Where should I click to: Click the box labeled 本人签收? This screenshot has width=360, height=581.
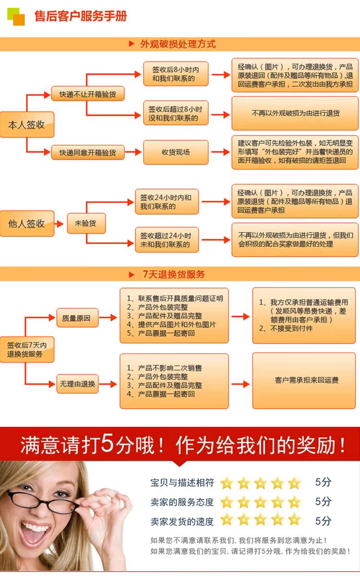click(26, 125)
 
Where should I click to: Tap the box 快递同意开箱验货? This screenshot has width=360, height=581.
click(87, 153)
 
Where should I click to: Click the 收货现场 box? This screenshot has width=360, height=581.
click(176, 152)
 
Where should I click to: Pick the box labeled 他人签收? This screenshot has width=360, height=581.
click(26, 223)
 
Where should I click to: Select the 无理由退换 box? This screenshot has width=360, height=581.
click(77, 384)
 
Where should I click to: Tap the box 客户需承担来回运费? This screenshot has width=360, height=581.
click(306, 380)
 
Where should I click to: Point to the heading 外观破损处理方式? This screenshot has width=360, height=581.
click(178, 44)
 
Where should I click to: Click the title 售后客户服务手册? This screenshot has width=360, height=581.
click(81, 16)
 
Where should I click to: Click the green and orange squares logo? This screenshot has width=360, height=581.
click(16, 16)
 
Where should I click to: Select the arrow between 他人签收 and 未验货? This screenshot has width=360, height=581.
click(60, 224)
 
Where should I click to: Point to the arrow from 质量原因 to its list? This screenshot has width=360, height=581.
click(108, 317)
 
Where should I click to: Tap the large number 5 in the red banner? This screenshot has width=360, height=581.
click(108, 445)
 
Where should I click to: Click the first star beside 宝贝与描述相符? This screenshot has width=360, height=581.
click(227, 483)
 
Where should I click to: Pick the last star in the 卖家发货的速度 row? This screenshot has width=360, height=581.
click(294, 520)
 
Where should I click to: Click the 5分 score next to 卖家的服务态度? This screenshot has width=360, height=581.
click(323, 502)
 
